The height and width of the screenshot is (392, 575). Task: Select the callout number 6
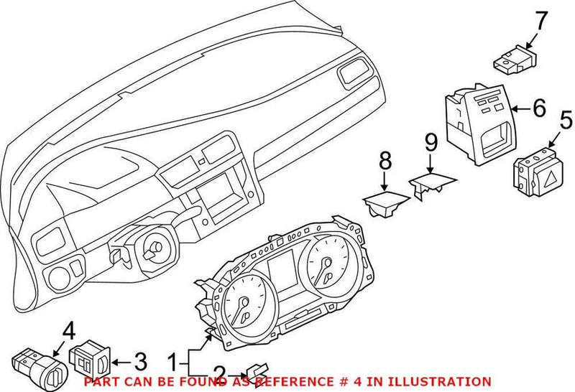(x=539, y=108)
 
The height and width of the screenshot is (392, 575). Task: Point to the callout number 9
(x=431, y=144)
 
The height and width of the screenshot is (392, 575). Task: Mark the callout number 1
(x=172, y=358)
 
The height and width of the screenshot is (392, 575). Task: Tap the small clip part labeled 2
(x=259, y=368)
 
